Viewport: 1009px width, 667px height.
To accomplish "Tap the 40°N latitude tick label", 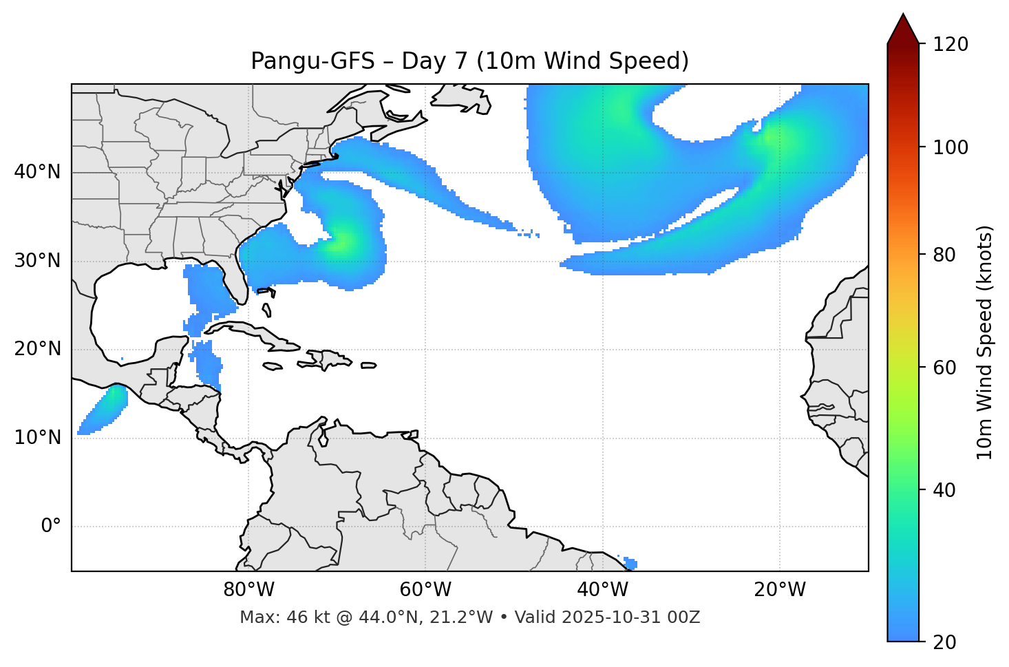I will [x=37, y=172].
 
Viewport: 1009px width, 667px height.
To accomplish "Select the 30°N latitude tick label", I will [x=37, y=261].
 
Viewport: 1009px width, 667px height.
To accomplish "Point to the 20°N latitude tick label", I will [x=37, y=349].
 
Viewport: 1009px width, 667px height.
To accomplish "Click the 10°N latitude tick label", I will [x=37, y=438].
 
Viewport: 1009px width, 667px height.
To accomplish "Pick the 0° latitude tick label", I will [x=51, y=527].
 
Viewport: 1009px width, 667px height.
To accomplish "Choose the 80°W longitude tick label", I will [x=248, y=590].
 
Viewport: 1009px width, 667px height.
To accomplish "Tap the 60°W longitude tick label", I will [x=425, y=590].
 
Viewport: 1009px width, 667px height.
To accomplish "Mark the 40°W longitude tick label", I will [x=602, y=590].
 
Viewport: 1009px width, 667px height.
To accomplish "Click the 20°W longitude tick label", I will [x=779, y=590].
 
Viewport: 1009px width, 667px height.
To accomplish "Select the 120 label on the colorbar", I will [x=950, y=45].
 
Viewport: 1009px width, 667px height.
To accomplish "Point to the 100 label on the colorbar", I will [x=950, y=147].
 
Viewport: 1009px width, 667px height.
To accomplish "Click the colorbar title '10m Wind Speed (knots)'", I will [x=985, y=342].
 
